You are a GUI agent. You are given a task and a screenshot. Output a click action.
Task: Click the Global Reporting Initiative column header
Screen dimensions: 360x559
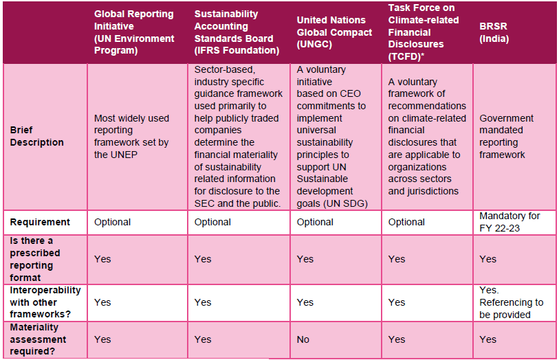point(133,32)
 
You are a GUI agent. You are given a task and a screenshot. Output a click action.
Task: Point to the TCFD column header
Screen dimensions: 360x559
point(425,32)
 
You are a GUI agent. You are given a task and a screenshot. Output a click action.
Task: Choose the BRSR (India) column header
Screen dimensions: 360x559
point(494,32)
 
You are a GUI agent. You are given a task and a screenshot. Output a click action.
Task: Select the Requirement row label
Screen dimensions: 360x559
point(39,222)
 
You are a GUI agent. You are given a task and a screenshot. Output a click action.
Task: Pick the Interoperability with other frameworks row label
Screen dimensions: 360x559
point(45,302)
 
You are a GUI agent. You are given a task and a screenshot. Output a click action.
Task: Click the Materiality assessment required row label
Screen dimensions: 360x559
point(39,339)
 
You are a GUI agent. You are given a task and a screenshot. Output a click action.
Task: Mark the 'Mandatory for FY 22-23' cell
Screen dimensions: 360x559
point(509,222)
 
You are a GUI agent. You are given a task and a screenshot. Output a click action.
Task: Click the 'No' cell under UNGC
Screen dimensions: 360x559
point(303,339)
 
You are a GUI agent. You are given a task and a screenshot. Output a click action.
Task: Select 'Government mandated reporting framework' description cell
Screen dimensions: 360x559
point(507,136)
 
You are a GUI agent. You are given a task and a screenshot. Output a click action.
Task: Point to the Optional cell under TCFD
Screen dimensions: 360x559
point(406,222)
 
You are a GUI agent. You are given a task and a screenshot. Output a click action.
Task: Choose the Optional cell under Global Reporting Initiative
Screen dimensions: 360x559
point(112,222)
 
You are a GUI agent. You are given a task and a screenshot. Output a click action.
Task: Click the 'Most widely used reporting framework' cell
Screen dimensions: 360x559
point(131,136)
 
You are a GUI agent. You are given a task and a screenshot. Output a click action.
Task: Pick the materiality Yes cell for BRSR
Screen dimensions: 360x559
point(488,339)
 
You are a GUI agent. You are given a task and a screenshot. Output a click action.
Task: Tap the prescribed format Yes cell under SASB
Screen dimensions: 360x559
point(203,259)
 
